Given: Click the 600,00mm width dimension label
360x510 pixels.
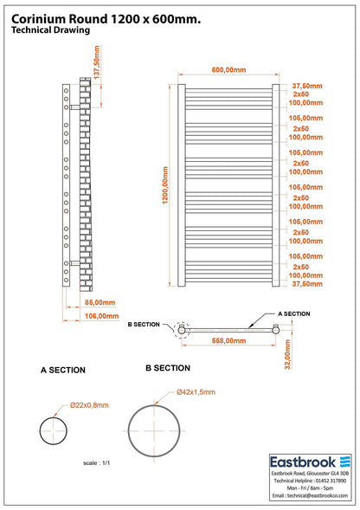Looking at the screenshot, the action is coord(228,69).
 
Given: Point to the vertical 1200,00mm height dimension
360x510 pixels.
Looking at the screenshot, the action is coord(165,185).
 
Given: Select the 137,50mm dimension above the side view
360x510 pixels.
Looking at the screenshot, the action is coord(97,62).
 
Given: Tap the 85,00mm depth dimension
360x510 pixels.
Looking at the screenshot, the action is coord(100,302).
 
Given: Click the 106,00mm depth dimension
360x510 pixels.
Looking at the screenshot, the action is coord(101,316).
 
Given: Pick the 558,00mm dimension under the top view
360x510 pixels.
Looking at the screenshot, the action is coord(228,340).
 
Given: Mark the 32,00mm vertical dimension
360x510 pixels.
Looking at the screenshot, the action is coord(287,354).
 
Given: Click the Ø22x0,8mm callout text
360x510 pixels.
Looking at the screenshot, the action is coord(89,405).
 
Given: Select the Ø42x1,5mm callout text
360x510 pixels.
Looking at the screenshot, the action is coord(196,392).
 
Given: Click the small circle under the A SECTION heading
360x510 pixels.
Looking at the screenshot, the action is coord(40,431).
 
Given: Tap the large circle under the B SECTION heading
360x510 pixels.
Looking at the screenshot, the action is coord(128,431).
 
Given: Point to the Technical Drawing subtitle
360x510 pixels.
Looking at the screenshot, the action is coord(50,30).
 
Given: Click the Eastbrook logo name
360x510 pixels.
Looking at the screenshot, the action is coord(303,462).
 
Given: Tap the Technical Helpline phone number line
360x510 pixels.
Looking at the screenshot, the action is coord(310,481).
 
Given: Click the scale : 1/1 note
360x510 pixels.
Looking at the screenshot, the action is coord(97,463).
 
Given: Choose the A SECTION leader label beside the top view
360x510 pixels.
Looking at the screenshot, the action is coord(294,313).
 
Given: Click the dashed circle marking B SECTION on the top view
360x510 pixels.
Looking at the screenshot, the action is coord(175,330).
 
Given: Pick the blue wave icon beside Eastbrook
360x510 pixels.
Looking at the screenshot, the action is coord(345,462).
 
